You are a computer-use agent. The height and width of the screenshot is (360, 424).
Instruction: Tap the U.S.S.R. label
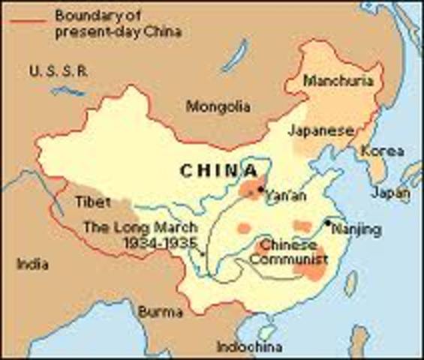pyautogui.click(x=59, y=71)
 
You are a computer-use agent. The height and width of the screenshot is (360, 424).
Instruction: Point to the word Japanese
pyautogui.click(x=320, y=130)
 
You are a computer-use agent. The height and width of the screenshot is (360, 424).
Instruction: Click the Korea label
pyautogui.click(x=382, y=151)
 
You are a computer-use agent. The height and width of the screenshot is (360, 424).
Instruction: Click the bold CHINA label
pyautogui.click(x=219, y=170)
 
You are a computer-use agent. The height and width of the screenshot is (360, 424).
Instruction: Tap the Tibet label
pyautogui.click(x=94, y=202)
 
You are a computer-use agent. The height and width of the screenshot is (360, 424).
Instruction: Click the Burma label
pyautogui.click(x=161, y=311)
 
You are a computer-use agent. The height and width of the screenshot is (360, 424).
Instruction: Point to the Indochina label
pyautogui.click(x=249, y=346)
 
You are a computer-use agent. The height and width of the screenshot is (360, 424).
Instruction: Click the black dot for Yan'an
pyautogui.click(x=260, y=189)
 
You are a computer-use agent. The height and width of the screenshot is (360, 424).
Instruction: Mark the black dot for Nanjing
pyautogui.click(x=328, y=222)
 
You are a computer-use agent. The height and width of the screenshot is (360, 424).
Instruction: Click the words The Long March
pyautogui.click(x=140, y=227)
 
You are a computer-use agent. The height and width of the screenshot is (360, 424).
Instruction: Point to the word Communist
pyautogui.click(x=289, y=259)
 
